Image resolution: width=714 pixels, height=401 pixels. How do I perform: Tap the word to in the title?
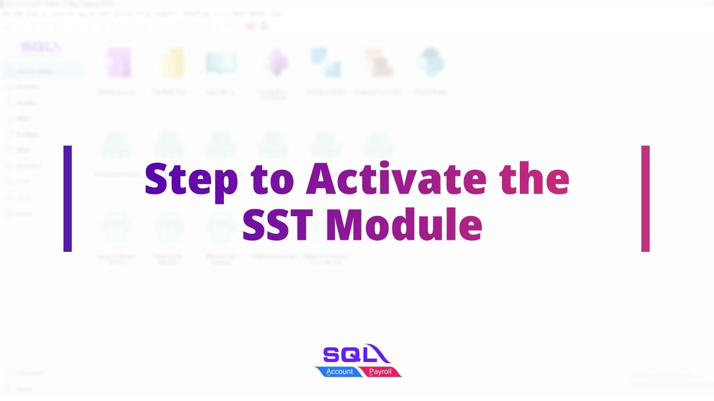(x=272, y=179)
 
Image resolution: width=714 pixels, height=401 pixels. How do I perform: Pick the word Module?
(x=404, y=225)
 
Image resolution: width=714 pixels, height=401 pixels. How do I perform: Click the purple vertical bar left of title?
(x=67, y=198)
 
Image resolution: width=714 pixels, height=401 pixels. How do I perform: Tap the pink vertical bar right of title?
(x=645, y=198)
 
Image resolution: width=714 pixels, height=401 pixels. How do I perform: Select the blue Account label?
(x=339, y=371)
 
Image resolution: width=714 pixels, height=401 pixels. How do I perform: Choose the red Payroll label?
(x=380, y=371)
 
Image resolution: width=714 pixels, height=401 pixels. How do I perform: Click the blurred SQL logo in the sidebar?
(x=41, y=48)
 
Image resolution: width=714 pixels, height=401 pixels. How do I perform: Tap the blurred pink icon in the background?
(x=118, y=62)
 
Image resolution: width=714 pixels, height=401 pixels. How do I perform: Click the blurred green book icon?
(x=221, y=63)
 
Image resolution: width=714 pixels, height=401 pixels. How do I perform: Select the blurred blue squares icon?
(x=326, y=62)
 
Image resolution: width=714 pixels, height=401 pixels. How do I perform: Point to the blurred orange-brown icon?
(x=379, y=63)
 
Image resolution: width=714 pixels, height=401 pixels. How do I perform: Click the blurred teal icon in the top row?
(x=431, y=62)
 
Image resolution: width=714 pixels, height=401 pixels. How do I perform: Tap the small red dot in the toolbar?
(x=250, y=26)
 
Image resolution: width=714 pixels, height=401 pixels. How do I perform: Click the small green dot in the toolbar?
(x=264, y=26)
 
